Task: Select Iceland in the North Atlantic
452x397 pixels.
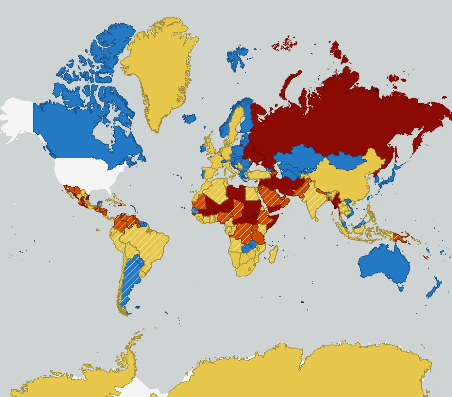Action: coord(189,118)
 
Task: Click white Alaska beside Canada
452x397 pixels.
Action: coord(16,118)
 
